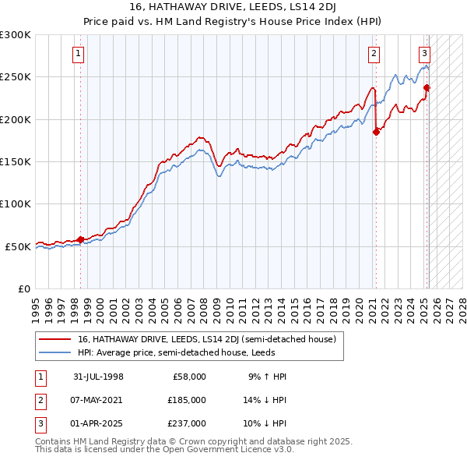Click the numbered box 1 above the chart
(x=79, y=54)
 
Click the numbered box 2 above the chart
(x=374, y=54)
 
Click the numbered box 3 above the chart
(x=425, y=54)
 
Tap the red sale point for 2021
(x=376, y=132)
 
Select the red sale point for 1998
(x=81, y=239)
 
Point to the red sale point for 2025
(x=427, y=87)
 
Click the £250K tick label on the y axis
(x=16, y=77)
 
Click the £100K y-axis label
(x=16, y=203)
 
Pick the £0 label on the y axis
(x=23, y=288)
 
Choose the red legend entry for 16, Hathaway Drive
(x=206, y=339)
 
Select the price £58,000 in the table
(x=189, y=377)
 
